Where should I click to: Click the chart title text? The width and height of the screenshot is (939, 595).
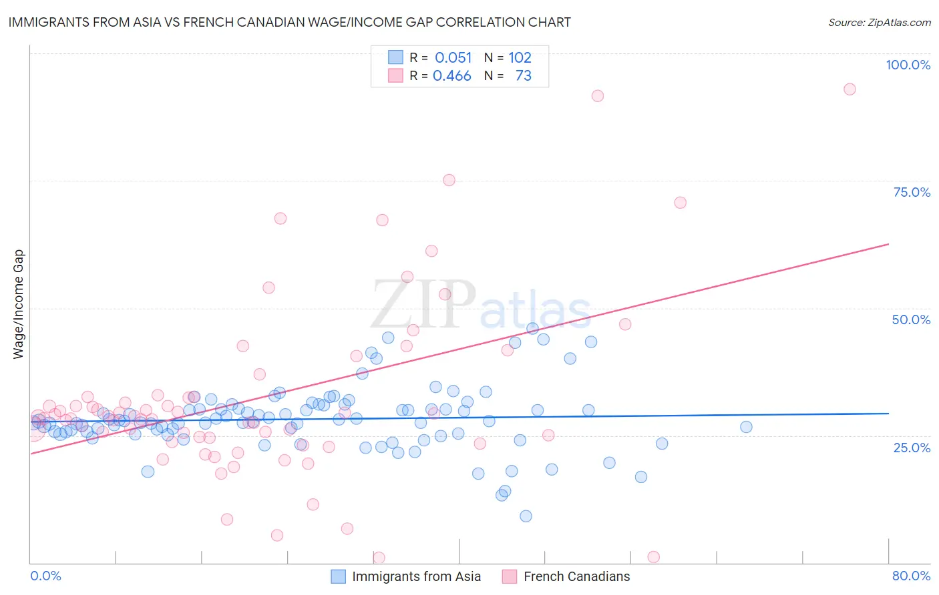coord(289,22)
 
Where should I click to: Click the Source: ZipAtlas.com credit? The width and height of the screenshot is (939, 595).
coord(879,22)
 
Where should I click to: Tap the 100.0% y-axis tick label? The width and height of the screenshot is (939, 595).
coord(908,65)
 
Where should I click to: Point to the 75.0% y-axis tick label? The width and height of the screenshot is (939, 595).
coord(912,192)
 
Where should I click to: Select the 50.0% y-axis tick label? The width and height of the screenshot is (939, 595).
coord(911,320)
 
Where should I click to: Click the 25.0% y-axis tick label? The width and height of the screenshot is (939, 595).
coord(912,447)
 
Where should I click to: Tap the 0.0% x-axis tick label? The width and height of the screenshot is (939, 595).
coord(45,576)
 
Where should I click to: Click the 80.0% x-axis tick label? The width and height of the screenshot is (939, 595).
coord(911,576)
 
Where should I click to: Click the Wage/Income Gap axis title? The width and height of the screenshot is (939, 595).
coord(19,304)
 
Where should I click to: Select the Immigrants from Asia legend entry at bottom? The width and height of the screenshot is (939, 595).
coord(416,576)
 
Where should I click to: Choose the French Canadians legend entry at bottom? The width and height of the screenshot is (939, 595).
coord(576,576)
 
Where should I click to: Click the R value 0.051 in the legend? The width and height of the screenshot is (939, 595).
coord(453,58)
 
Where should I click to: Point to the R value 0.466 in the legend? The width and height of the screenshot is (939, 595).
coord(451,76)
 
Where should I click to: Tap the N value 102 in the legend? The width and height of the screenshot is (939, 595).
coord(520,58)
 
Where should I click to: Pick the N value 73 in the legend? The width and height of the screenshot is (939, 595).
coord(523,76)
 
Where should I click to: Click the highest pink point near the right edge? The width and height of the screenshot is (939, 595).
coord(850,89)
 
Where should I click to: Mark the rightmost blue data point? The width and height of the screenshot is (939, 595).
coord(746,427)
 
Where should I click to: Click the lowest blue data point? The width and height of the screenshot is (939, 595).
coord(526,516)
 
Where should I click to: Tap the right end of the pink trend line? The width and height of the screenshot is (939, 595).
coord(888,244)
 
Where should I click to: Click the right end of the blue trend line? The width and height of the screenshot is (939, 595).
coord(888,414)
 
